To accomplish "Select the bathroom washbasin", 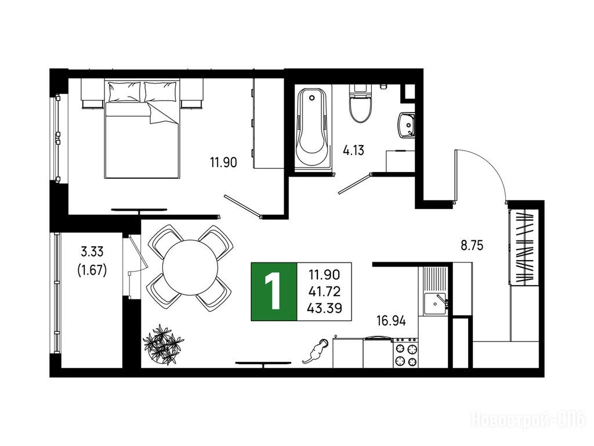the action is [407, 125].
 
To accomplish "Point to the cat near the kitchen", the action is [314, 351].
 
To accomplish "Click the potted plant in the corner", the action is [162, 345].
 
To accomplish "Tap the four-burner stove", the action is [405, 353].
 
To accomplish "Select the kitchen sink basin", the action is [435, 304].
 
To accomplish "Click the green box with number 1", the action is [274, 292].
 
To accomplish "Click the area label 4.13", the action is [353, 150].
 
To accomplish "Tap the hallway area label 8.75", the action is [472, 246].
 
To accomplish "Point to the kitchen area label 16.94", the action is [391, 321].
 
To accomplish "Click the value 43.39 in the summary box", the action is [324, 308].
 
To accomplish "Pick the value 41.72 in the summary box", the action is [324, 292].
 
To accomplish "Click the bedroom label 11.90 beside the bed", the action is [223, 163].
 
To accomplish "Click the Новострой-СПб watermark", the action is [528, 420].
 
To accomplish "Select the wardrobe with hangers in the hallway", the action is [523, 246].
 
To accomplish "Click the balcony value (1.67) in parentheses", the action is [92, 270].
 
